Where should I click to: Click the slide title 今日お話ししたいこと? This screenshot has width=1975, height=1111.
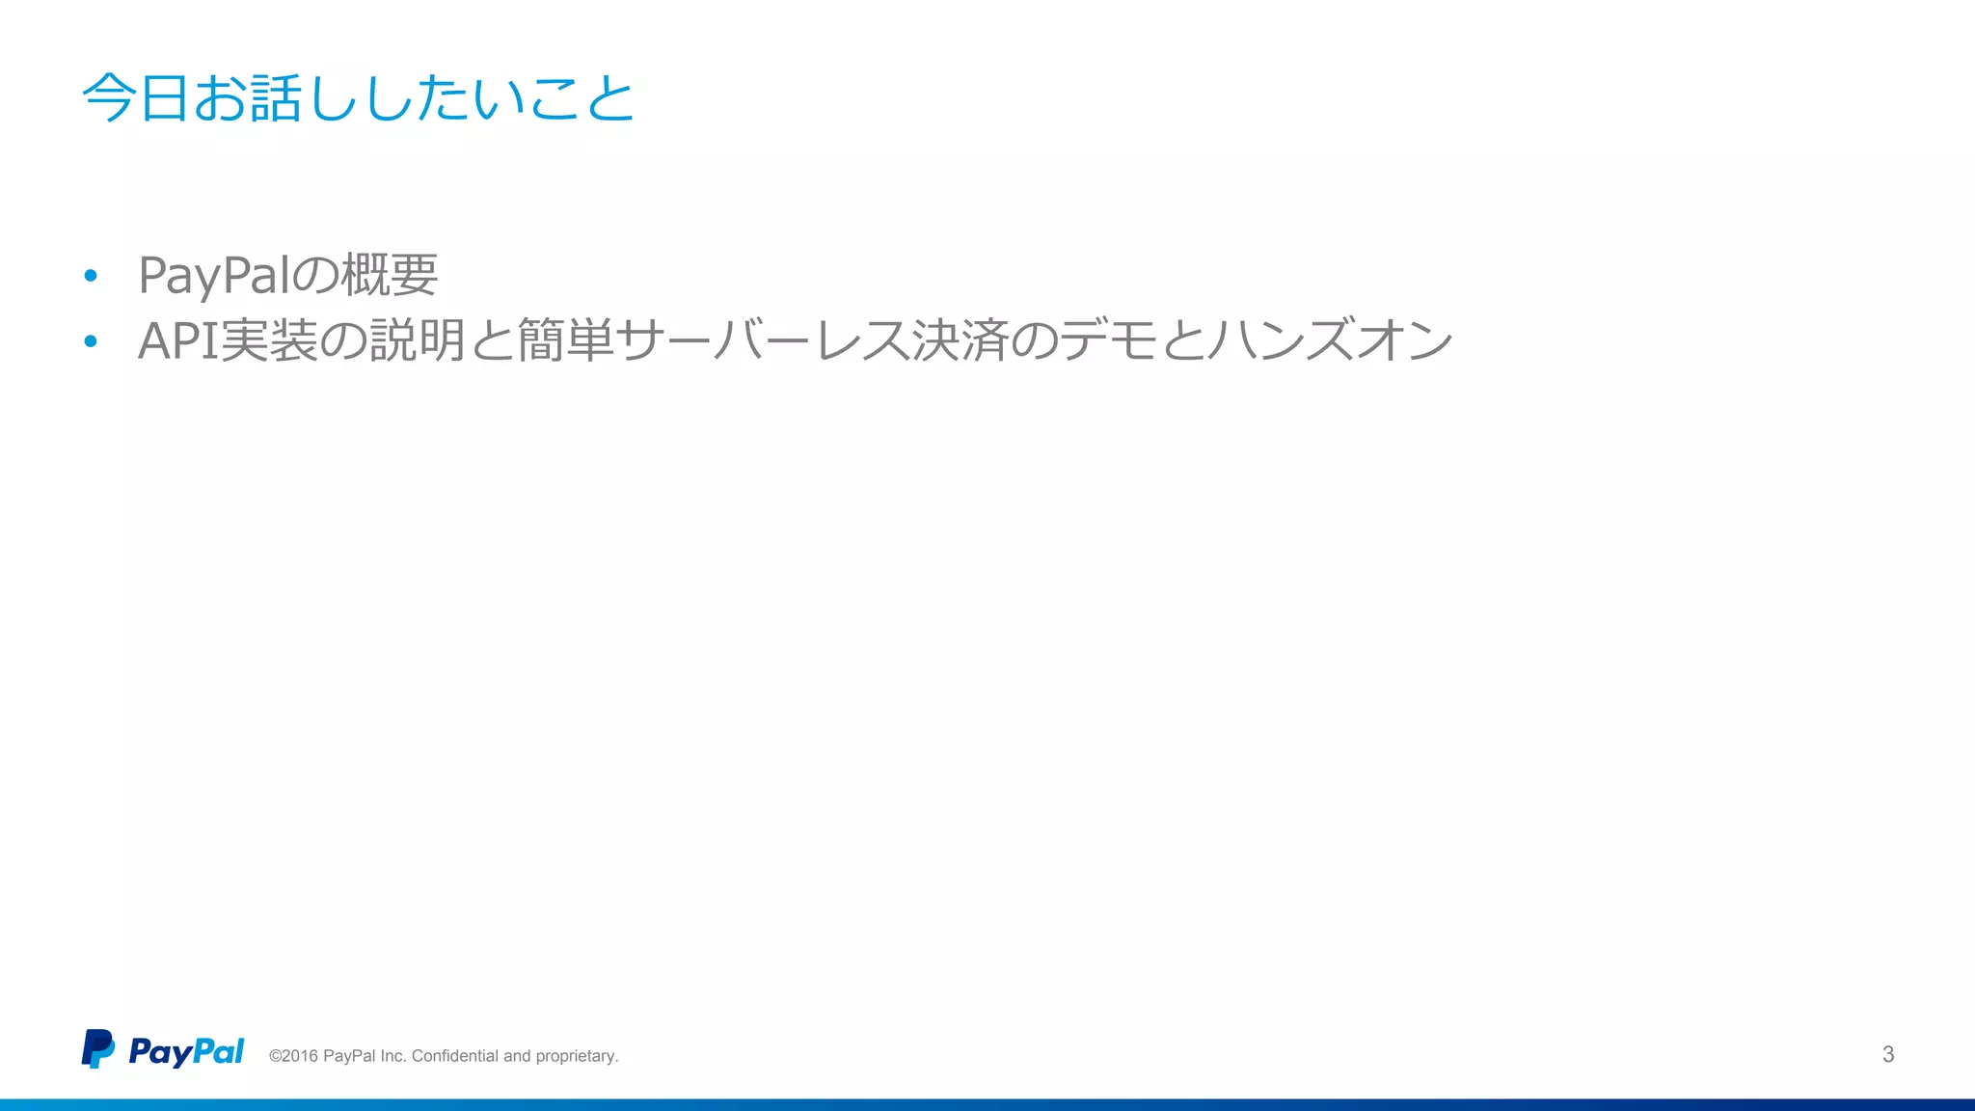click(x=358, y=98)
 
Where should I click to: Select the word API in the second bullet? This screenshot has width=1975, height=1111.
click(x=177, y=341)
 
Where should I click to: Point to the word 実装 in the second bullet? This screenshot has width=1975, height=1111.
click(x=269, y=341)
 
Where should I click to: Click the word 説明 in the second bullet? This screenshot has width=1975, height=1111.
click(x=417, y=341)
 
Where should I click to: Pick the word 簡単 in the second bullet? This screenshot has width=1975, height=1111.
click(x=565, y=341)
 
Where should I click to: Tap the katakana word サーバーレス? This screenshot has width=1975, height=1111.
click(x=762, y=341)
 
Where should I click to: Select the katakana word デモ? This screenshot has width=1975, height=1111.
click(x=1108, y=341)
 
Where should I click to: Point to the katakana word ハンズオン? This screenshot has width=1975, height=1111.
click(x=1330, y=341)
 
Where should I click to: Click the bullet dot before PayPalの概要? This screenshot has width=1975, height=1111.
click(x=91, y=277)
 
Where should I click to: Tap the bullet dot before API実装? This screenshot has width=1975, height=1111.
click(x=91, y=341)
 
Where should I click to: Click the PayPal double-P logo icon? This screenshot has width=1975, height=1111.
click(x=97, y=1048)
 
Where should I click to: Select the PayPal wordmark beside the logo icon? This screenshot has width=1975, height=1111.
click(x=186, y=1051)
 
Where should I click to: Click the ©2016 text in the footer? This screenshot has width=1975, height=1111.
click(x=293, y=1056)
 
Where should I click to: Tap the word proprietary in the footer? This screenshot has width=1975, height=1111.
click(x=576, y=1057)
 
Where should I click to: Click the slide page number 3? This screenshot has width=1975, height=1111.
click(x=1888, y=1054)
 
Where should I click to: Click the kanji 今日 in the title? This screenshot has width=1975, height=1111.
click(x=134, y=98)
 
